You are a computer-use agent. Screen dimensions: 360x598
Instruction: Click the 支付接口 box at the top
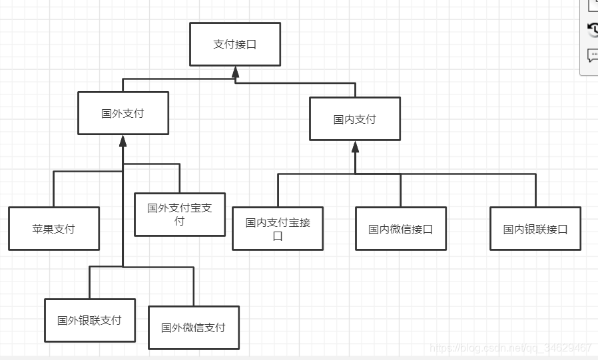[x=235, y=44]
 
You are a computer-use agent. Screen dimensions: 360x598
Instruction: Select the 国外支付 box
[x=123, y=113]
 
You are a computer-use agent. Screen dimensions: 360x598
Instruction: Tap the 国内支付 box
[x=355, y=119]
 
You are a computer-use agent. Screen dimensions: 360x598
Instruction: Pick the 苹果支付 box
[x=54, y=229]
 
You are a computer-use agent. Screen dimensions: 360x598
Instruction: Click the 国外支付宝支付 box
[x=180, y=214]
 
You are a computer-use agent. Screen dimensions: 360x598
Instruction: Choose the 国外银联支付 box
[x=90, y=320]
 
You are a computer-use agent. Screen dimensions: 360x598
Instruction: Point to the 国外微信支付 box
[x=193, y=327]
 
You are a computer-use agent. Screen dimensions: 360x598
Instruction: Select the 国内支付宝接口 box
[x=278, y=228]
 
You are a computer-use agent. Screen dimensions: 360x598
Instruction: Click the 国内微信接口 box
[x=401, y=229]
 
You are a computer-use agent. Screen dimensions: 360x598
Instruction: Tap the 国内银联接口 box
[x=535, y=229]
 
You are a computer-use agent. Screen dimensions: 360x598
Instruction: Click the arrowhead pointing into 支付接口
[x=235, y=71]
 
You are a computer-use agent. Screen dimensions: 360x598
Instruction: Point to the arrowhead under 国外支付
[x=123, y=140]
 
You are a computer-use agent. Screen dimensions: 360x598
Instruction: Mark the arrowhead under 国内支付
[x=355, y=146]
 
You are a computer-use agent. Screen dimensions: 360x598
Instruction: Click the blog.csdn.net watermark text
[x=511, y=348]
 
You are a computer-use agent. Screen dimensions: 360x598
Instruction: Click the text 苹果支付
[x=54, y=229]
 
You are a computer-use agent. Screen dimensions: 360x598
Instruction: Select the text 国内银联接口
[x=535, y=229]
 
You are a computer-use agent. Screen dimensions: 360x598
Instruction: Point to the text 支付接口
[x=235, y=45]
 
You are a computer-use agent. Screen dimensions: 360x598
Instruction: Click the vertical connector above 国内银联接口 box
[x=535, y=190]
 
